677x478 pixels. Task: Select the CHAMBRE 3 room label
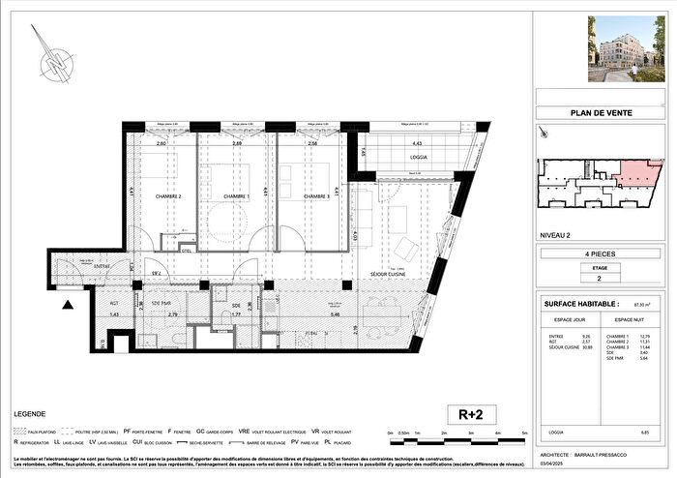308,196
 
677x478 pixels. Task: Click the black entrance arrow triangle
67,306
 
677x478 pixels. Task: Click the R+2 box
470,413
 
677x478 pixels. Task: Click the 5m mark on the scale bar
522,433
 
